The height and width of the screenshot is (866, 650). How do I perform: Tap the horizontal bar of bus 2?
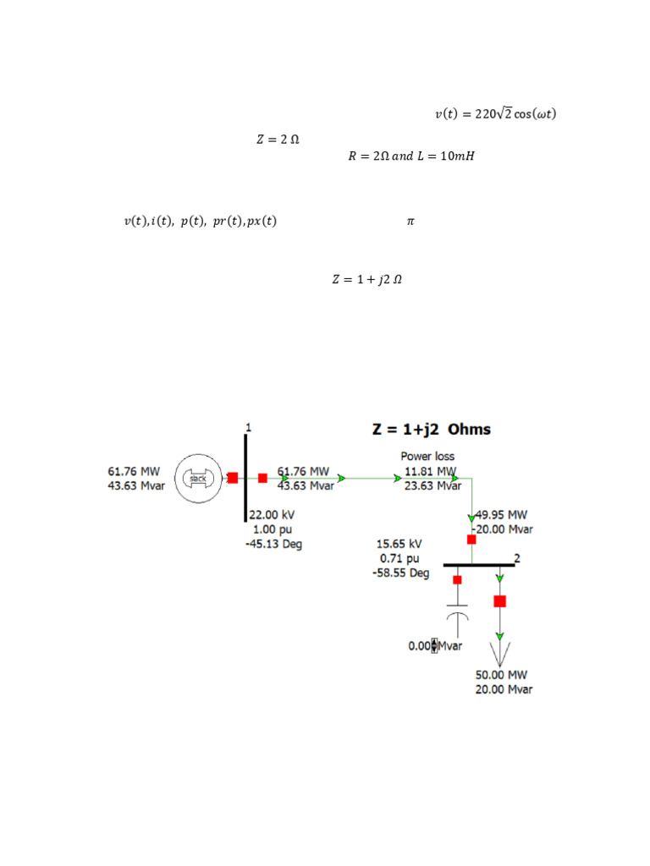(478, 564)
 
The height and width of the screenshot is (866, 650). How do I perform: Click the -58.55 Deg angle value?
(400, 573)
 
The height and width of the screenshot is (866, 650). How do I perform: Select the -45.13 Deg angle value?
(273, 544)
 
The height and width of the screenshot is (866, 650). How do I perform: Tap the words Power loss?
(427, 456)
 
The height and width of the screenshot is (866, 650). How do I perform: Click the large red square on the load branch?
(500, 601)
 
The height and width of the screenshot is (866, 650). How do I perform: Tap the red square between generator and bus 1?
(232, 478)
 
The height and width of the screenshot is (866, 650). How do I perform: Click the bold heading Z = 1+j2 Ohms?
(432, 429)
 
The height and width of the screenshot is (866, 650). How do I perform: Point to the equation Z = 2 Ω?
(278, 140)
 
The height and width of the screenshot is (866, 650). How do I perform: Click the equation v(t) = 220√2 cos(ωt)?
(495, 114)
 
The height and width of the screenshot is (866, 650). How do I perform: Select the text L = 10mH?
(447, 156)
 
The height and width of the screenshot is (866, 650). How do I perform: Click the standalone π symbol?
(410, 221)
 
